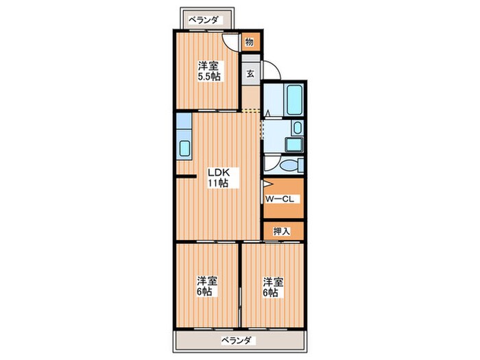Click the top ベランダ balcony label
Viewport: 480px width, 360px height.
(206, 20)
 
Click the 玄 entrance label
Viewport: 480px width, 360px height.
(250, 73)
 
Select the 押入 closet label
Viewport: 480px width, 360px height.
(281, 231)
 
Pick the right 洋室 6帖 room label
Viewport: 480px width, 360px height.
(273, 287)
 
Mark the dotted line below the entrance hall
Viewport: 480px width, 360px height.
(251, 110)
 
